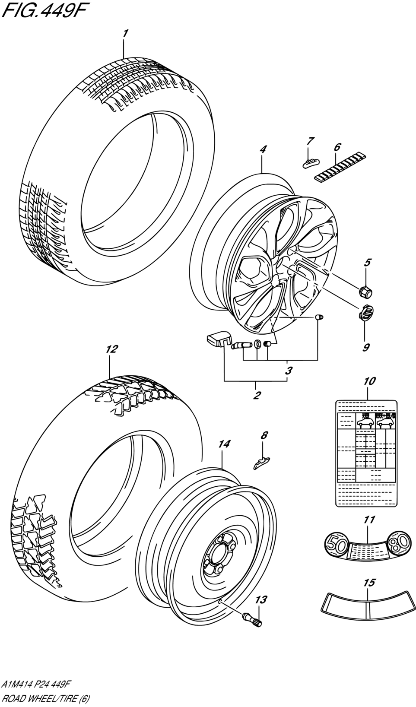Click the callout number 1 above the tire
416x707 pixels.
[x=125, y=33]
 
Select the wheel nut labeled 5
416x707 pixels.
[x=365, y=292]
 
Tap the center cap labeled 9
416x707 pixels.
[x=365, y=313]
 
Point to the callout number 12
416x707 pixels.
[x=111, y=349]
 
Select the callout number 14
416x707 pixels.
[x=224, y=444]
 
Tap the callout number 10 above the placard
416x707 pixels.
[x=369, y=381]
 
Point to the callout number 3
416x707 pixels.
[x=289, y=370]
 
